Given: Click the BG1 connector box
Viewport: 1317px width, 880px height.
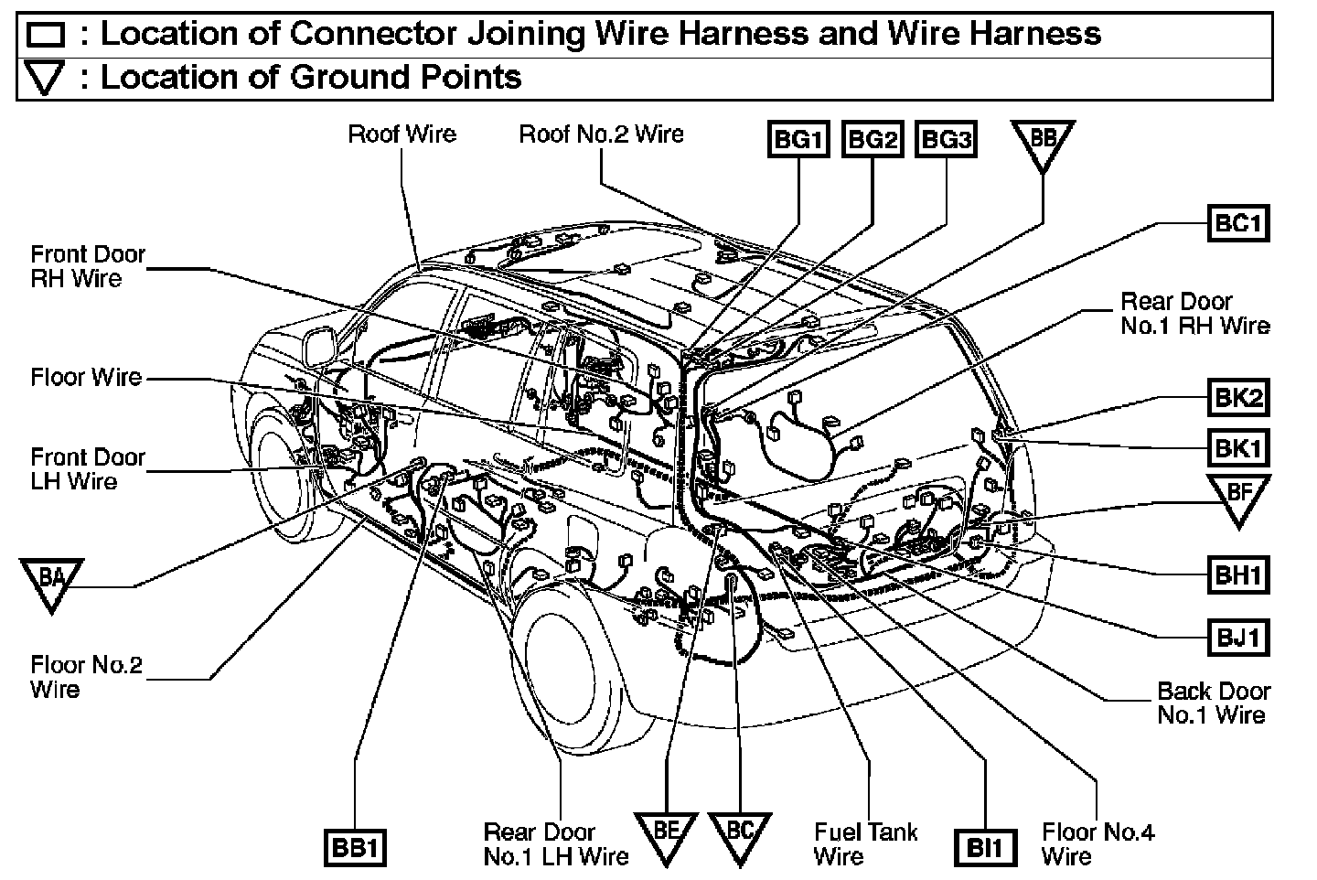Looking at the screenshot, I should [798, 140].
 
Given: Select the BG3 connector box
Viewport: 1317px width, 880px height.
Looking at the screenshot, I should [946, 140].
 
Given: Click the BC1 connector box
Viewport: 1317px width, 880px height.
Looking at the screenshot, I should [1238, 223].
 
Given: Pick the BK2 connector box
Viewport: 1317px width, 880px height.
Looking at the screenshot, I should [1238, 398].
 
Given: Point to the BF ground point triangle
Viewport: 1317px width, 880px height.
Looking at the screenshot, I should [1238, 497].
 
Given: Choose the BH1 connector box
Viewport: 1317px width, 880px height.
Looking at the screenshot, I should [1238, 575].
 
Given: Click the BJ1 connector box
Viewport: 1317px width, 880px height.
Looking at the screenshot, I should [1238, 637].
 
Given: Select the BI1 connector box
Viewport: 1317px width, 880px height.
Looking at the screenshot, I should [985, 848].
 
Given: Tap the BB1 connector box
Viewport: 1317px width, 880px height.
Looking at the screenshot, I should [355, 848].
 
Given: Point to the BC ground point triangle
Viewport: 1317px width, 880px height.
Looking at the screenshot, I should [738, 835].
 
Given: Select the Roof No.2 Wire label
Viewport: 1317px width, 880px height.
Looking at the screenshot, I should [601, 134].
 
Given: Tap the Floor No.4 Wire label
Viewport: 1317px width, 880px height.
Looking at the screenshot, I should [1097, 844].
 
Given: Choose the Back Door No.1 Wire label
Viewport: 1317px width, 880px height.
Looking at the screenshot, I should [1213, 703].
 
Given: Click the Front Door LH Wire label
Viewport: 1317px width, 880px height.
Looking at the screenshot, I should [87, 468].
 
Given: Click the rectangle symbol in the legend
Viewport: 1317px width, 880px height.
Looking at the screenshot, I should [46, 35].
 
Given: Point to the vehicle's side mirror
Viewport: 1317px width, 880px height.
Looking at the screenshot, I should [317, 345].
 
